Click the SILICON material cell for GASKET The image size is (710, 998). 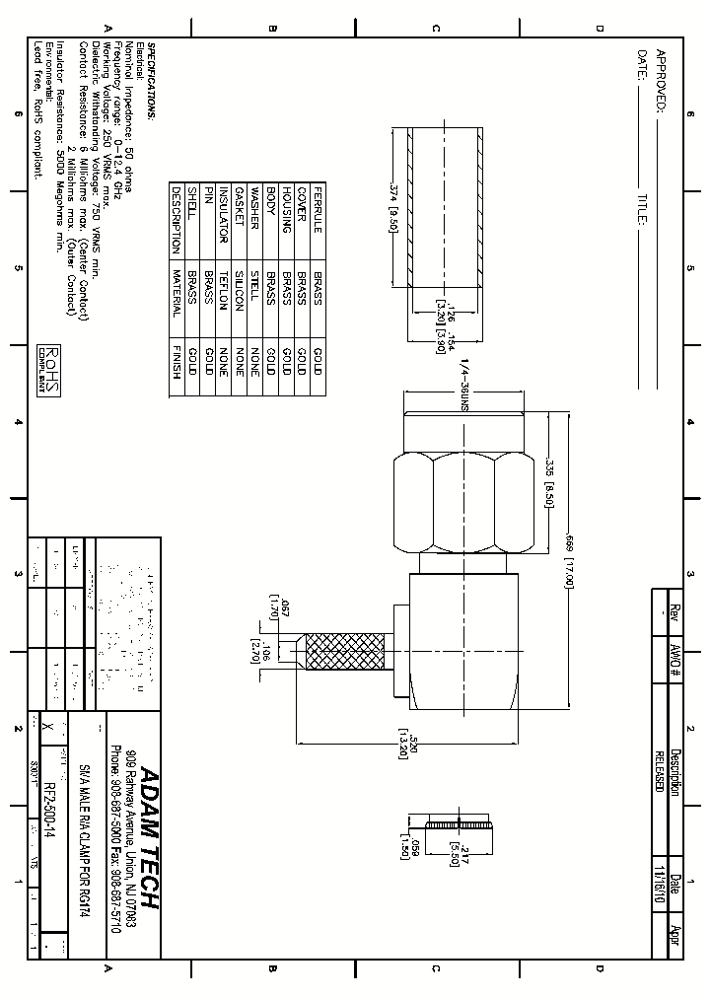(238, 293)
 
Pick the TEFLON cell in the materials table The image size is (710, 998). (223, 291)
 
